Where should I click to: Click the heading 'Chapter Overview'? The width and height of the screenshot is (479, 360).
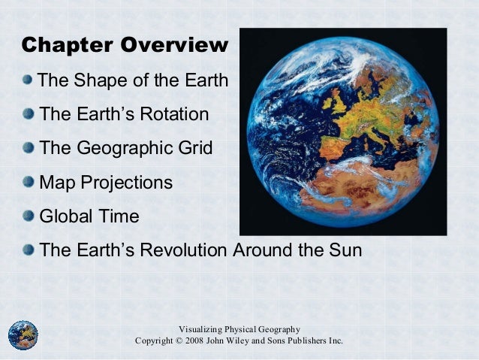tap(124, 45)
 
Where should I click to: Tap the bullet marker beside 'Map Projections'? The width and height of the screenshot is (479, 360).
tap(28, 182)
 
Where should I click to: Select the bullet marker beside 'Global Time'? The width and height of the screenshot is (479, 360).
tap(28, 216)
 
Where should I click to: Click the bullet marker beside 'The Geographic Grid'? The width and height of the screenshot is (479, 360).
tap(28, 147)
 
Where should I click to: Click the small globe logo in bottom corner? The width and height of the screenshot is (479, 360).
tap(23, 335)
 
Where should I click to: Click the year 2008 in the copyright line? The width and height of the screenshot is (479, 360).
tap(199, 341)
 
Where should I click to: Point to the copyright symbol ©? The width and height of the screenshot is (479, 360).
tap(178, 341)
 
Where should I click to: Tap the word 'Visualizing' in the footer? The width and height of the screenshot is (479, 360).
tap(202, 329)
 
